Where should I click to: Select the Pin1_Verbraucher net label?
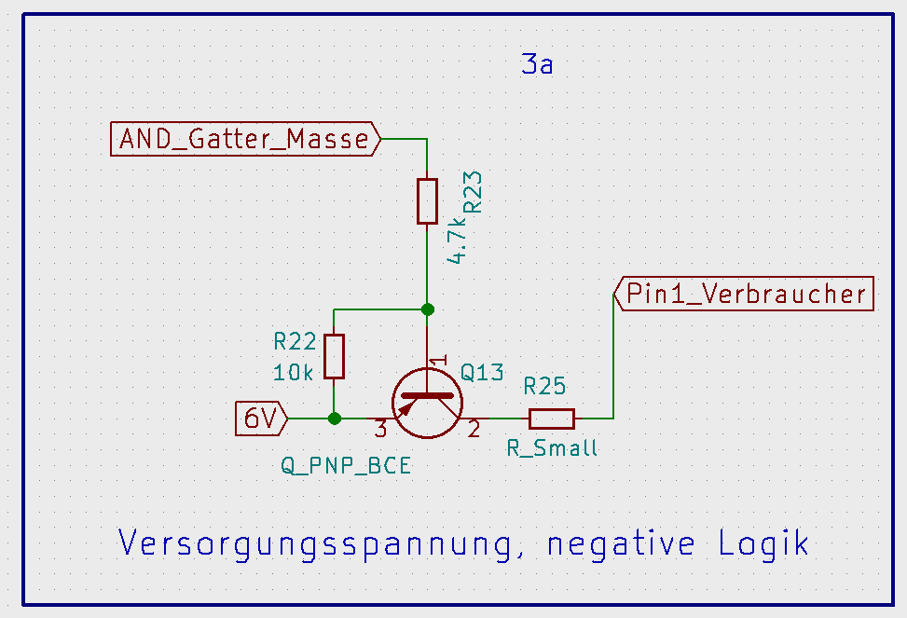click(x=746, y=294)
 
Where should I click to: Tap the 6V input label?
click(x=261, y=419)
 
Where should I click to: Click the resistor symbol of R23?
click(x=427, y=200)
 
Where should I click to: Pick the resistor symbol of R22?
click(x=335, y=356)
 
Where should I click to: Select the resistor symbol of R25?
click(x=551, y=419)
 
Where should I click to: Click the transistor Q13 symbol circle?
click(x=427, y=403)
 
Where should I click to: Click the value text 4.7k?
click(x=456, y=240)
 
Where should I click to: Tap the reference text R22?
click(x=295, y=342)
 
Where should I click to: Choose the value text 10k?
click(x=294, y=372)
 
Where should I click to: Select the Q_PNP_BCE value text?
click(x=346, y=465)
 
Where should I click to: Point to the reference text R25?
click(x=544, y=386)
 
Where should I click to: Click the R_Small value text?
click(x=552, y=448)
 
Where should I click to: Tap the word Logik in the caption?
click(x=763, y=543)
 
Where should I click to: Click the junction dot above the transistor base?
click(x=427, y=309)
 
